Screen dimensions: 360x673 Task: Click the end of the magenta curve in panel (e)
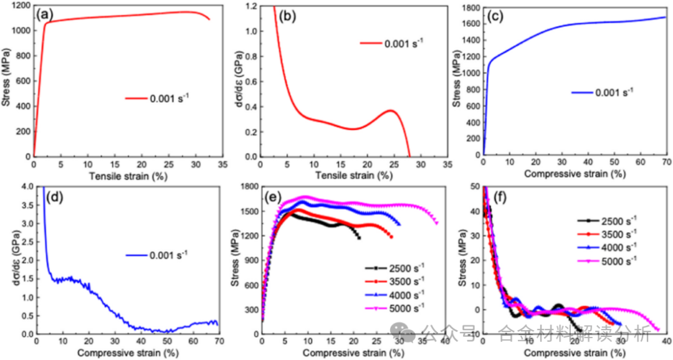(x=436, y=222)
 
